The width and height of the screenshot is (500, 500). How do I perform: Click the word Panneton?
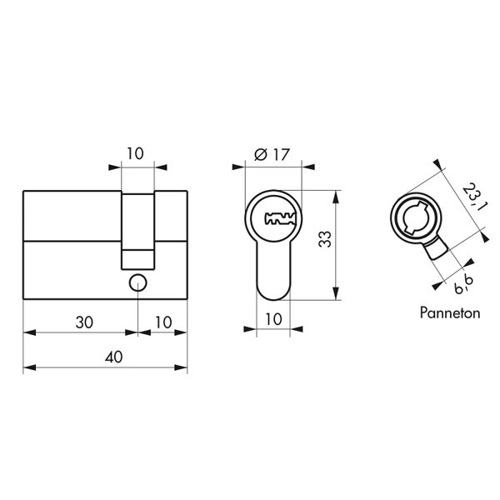pyautogui.click(x=450, y=312)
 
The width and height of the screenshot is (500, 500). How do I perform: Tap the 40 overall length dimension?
pyautogui.click(x=113, y=357)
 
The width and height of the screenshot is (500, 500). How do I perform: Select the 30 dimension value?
pyautogui.click(x=84, y=322)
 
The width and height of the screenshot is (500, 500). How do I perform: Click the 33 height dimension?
pyautogui.click(x=325, y=239)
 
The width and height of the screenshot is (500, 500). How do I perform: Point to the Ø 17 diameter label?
pyautogui.click(x=272, y=155)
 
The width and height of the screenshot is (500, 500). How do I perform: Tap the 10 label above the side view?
pyautogui.click(x=135, y=153)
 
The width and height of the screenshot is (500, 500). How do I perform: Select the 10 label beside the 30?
pyautogui.click(x=163, y=322)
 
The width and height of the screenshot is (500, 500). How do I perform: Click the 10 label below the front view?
pyautogui.click(x=273, y=319)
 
